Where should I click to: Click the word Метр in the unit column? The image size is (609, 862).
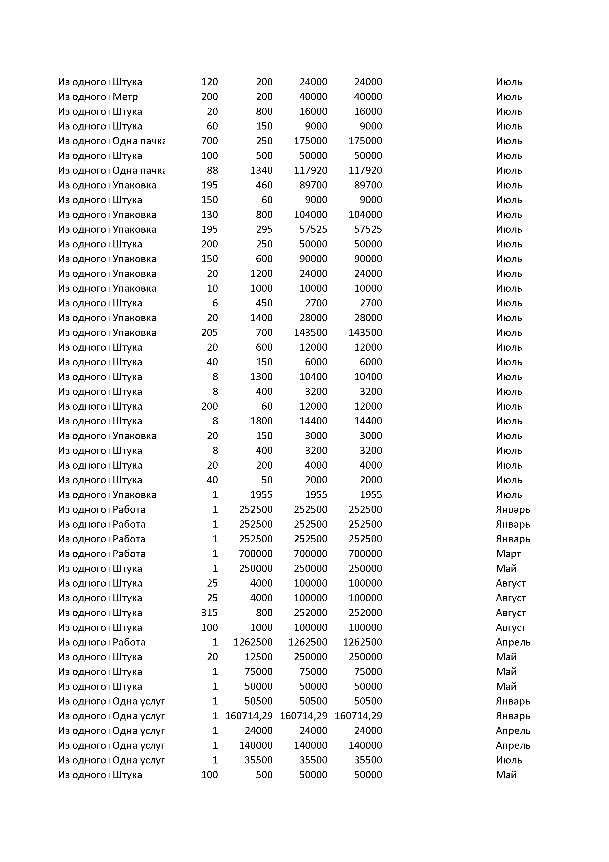pos(125,97)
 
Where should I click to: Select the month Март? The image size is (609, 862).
pos(508,554)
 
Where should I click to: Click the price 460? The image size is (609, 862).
pos(264,185)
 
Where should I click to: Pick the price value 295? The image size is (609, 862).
pos(264,230)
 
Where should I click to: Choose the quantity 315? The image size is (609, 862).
pos(209,613)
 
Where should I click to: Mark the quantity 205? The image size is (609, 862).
pos(209,333)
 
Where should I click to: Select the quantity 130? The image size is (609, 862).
pos(209,215)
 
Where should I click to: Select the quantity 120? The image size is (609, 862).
pos(209,82)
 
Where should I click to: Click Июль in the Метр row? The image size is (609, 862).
pos(508,97)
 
